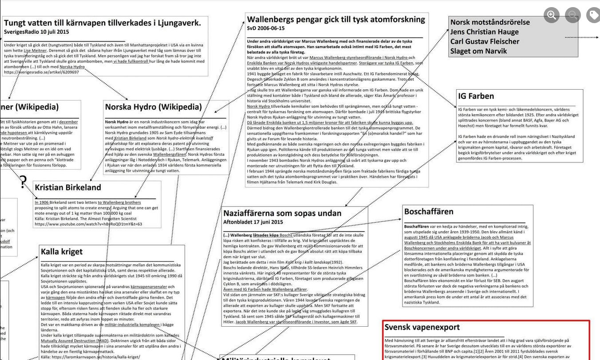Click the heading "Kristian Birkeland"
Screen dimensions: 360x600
point(67,187)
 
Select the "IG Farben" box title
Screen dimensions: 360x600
point(476,96)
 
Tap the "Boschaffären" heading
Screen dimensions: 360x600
point(428,212)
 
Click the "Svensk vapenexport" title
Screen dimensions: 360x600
point(422,327)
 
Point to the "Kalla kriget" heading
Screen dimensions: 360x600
point(62,252)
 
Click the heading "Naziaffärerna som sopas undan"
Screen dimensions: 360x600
point(282,213)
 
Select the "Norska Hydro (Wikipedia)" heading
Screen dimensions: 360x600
point(153,107)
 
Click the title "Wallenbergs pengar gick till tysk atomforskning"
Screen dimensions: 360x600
point(336,20)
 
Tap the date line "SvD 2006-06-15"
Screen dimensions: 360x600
point(266,28)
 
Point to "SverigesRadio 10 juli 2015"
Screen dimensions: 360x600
point(36,32)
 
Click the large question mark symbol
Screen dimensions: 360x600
point(24,182)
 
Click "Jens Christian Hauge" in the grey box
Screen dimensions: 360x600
point(484,32)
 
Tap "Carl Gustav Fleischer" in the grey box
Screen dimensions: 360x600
point(485,41)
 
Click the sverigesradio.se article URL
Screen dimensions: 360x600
point(41,72)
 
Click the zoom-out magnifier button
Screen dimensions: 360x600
point(572,15)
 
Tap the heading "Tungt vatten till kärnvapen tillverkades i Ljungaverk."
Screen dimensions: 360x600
point(106,23)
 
